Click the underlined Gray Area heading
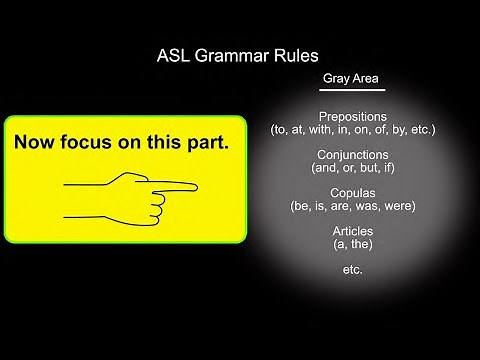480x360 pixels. click(x=351, y=79)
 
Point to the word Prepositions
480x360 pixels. click(x=352, y=116)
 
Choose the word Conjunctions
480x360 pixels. click(x=352, y=155)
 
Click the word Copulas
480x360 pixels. click(x=352, y=193)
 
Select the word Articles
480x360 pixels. click(x=352, y=231)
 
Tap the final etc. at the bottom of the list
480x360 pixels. click(x=352, y=269)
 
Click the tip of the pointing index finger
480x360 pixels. click(x=196, y=185)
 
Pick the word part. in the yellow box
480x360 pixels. click(x=207, y=143)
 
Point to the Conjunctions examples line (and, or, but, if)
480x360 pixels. click(x=352, y=168)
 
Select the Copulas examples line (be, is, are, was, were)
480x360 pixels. click(x=352, y=206)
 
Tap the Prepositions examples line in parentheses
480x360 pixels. click(x=352, y=130)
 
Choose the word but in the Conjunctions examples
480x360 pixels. click(x=369, y=168)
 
